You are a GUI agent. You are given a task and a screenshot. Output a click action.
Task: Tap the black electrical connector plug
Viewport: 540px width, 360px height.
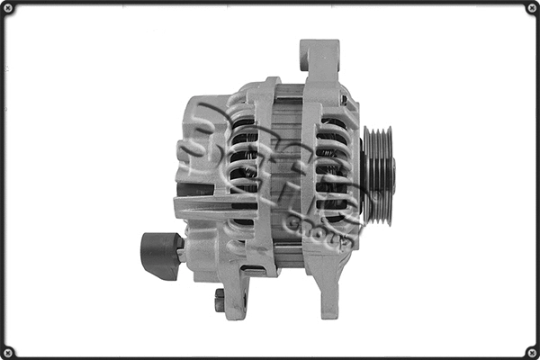click(x=159, y=256)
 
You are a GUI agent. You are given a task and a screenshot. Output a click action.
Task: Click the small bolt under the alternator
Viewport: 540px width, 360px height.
click(x=220, y=300)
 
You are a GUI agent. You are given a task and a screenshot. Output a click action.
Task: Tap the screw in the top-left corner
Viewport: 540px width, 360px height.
click(x=8, y=8)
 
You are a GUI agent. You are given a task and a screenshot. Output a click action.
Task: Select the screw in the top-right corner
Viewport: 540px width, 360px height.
click(x=531, y=8)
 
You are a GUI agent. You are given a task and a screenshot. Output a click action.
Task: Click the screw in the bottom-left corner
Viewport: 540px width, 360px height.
click(x=8, y=351)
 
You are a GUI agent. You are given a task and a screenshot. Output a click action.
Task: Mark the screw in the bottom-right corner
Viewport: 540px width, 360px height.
click(x=531, y=351)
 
